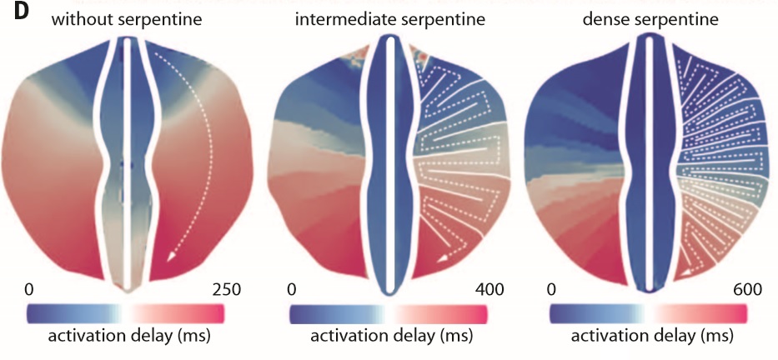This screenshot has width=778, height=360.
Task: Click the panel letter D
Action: [x=10, y=12]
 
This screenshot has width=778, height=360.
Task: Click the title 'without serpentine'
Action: [x=127, y=20]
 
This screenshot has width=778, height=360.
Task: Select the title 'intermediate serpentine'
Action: [x=389, y=20]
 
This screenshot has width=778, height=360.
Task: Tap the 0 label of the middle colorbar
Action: [x=292, y=290]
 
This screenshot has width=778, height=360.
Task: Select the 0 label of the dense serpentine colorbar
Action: [x=550, y=290]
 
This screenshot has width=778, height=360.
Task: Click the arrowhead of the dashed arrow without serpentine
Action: [x=171, y=257]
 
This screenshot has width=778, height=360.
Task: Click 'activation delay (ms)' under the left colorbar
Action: [x=129, y=335]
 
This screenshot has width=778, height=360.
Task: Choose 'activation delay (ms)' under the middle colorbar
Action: [x=391, y=335]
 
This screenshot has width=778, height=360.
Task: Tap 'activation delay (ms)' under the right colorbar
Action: [x=652, y=335]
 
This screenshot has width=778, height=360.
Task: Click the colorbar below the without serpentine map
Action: [x=126, y=314]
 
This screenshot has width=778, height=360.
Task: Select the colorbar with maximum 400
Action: [x=389, y=314]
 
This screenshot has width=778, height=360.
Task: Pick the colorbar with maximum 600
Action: [x=649, y=314]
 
